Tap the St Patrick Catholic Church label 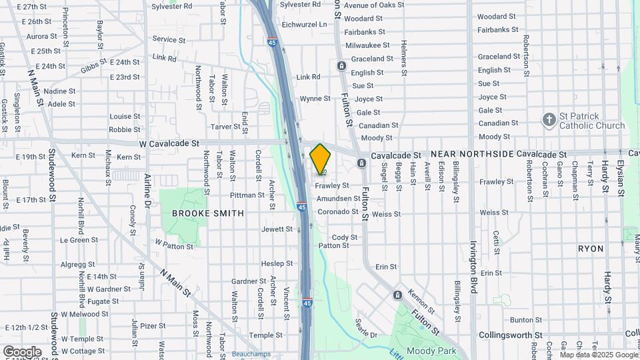(x=591, y=121)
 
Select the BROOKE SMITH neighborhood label (x=199, y=213)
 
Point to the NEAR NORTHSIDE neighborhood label (x=473, y=154)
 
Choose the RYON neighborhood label (x=591, y=249)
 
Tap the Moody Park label (x=431, y=351)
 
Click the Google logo (x=22, y=352)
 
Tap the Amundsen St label (x=338, y=199)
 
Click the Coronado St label (x=337, y=212)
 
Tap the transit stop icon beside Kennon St (x=398, y=295)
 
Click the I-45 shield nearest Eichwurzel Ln (x=272, y=42)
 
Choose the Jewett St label (x=277, y=229)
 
